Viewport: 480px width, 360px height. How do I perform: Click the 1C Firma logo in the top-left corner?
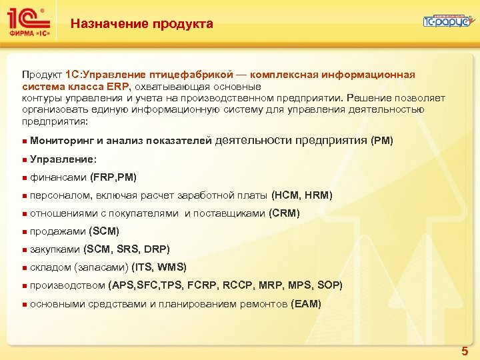[x=27, y=22]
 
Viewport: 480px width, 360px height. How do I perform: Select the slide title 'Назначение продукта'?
[x=142, y=25]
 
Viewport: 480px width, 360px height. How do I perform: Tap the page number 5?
[x=465, y=351]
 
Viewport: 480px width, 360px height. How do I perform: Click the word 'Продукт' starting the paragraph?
[x=42, y=75]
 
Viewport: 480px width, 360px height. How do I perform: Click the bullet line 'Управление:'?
[x=63, y=159]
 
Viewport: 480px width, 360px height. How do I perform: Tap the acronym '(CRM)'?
[x=284, y=213]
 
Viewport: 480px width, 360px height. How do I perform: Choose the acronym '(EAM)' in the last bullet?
[x=306, y=304]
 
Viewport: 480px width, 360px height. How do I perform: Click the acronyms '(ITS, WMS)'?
[x=159, y=267]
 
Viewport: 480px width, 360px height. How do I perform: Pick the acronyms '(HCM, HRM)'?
[x=301, y=195]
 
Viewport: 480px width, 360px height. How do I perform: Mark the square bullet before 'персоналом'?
[x=24, y=196]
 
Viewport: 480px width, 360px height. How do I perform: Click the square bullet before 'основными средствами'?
[x=24, y=305]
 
